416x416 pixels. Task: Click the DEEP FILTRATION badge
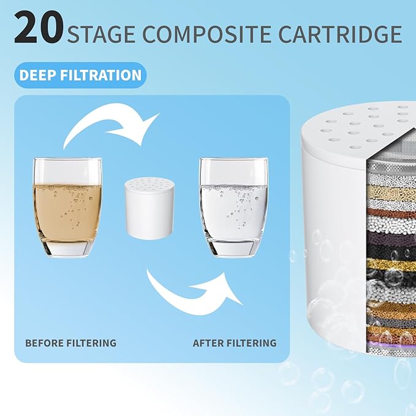click(80, 76)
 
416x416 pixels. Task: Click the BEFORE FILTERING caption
click(70, 343)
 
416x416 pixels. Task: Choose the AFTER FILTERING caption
click(235, 343)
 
